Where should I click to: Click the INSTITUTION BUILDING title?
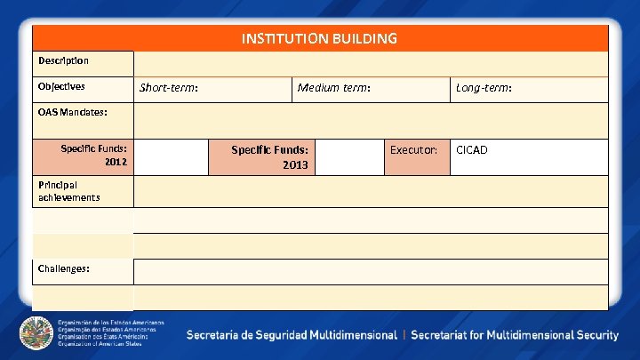(319, 38)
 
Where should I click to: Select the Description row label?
(63, 60)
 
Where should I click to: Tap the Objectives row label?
(61, 86)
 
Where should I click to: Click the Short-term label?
(168, 87)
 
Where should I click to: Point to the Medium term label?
(334, 87)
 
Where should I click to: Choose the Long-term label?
(484, 87)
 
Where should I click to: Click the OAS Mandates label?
(73, 113)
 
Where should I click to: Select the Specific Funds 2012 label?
(93, 156)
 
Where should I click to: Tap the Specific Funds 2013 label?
(269, 156)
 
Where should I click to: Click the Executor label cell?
(413, 149)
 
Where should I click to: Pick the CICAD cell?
(471, 149)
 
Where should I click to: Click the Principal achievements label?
(68, 190)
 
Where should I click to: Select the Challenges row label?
(63, 268)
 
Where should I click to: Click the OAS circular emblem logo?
(36, 332)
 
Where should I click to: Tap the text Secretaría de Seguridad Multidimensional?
(291, 335)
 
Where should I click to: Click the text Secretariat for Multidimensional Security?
(514, 335)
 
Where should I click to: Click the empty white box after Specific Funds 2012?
(172, 156)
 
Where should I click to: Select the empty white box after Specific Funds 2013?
(349, 156)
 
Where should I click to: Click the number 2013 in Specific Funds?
(295, 164)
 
